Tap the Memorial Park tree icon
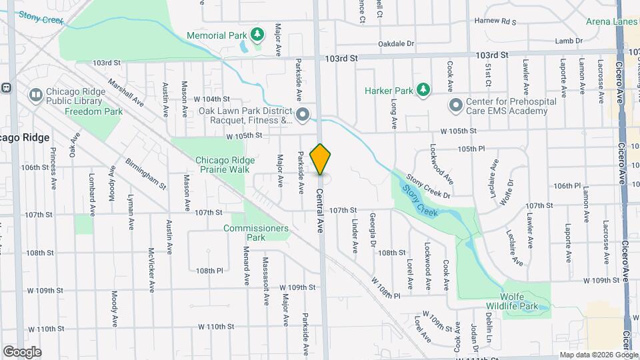coord(257,35)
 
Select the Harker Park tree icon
coord(422,89)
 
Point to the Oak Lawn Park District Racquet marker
coord(302,115)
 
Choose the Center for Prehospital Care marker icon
coord(456,105)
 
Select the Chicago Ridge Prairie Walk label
coord(223,165)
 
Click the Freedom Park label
coord(93,111)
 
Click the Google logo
coord(22,351)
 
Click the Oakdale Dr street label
coord(396,43)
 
